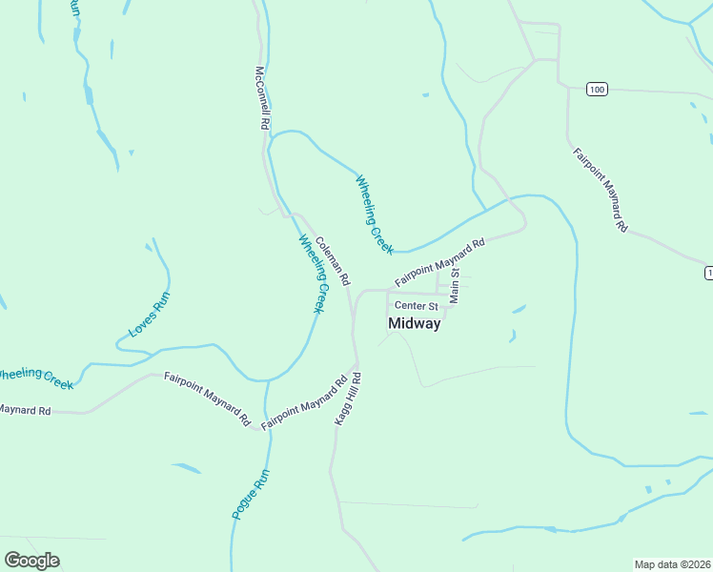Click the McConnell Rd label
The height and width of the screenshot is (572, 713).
264,98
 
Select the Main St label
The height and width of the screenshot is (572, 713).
456,285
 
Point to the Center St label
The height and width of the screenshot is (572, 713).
416,306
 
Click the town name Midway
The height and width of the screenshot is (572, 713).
415,324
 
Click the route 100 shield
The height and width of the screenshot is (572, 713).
597,90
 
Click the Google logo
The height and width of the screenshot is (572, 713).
31,561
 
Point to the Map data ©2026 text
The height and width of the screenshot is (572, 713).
671,564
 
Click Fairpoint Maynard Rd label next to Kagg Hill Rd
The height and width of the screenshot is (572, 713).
304,404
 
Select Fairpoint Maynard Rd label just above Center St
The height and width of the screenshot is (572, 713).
439,263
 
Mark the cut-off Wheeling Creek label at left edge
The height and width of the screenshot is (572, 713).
36,378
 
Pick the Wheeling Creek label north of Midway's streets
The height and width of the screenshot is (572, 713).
375,214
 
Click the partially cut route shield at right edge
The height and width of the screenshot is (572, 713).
708,274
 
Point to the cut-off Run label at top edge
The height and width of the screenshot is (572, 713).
74,8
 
